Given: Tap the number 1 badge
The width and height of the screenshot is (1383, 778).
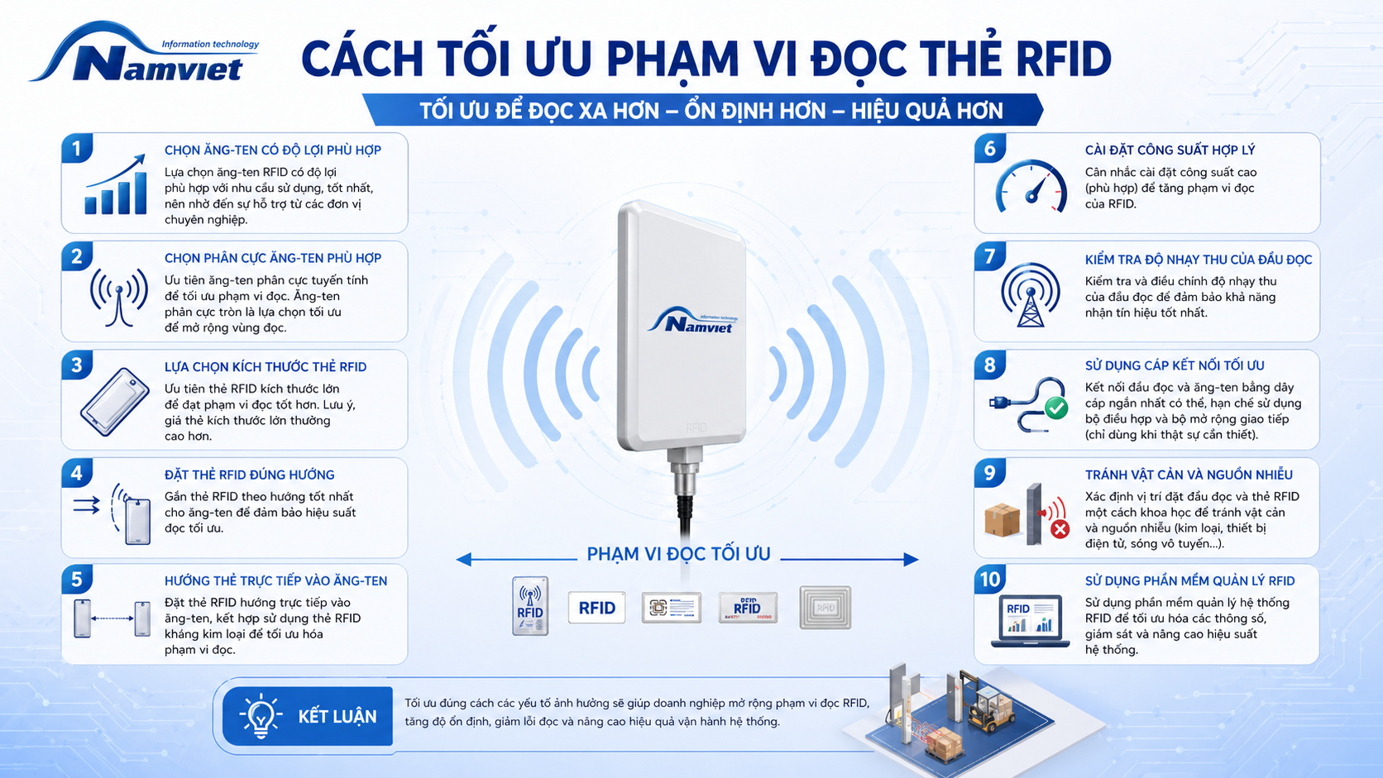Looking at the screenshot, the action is pos(77,149).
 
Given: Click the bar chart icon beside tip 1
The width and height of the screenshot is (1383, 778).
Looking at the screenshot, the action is pos(116,184).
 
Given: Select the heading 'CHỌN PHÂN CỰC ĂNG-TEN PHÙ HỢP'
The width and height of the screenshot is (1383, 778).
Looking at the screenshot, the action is pos(272,258).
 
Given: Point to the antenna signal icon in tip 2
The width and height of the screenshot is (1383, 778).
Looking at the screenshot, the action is pos(118,296).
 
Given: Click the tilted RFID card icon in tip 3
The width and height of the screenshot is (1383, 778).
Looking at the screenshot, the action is pos(115,402).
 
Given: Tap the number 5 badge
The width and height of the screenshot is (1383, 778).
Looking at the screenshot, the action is pos(77,580).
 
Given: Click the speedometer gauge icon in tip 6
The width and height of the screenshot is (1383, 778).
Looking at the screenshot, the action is pos(1031,186).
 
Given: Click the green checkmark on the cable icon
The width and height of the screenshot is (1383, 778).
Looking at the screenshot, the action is pos(1056,408).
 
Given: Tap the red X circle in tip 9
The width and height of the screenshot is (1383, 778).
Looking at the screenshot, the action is pos(1060,529).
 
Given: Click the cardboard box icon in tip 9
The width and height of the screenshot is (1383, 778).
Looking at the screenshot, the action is pos(1002,519).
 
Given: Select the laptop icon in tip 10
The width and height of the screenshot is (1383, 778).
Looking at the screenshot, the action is pos(1030,621).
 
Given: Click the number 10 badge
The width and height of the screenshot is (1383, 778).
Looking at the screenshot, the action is pos(990,580).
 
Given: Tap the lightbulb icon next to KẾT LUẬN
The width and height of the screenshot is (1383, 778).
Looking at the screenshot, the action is pos(261,716).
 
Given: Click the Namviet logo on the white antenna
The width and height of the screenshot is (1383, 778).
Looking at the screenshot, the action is pos(692,320).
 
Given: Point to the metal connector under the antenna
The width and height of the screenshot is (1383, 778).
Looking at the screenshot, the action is pos(686,471).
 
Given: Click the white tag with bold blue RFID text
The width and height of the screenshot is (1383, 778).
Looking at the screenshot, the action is pos(596,608).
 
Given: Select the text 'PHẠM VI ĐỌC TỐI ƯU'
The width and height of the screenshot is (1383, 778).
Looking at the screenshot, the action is pos(678,554).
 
